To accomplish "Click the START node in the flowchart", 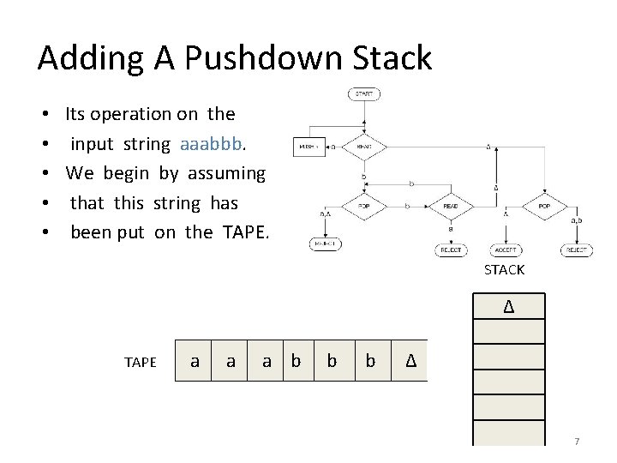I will (x=364, y=94).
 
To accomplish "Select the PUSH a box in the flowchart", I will (x=308, y=147).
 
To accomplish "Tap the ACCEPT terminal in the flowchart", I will (x=505, y=250).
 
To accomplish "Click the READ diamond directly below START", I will (x=364, y=147).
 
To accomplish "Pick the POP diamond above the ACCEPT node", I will (x=545, y=207).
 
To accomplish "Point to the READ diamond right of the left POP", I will (x=450, y=207).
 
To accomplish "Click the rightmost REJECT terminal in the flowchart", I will (x=577, y=250).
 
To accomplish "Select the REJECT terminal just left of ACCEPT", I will (x=450, y=250).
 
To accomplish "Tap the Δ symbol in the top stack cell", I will (x=508, y=306).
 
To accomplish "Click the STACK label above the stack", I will (x=504, y=270).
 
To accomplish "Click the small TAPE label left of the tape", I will (x=141, y=362).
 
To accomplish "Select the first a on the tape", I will (x=195, y=361).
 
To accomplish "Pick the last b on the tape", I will (x=370, y=361).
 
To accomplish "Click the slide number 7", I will (x=577, y=442).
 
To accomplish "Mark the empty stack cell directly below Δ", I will (x=508, y=331).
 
